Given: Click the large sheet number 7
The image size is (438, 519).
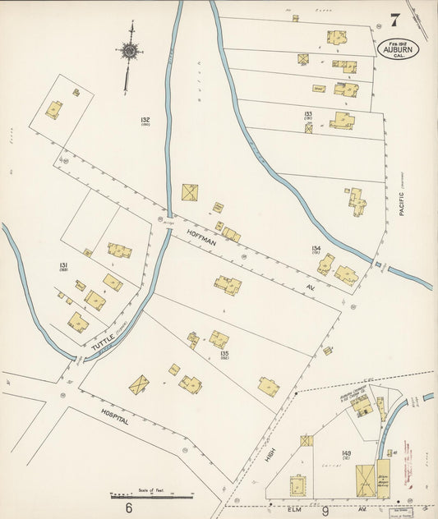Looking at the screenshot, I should (x=396, y=20).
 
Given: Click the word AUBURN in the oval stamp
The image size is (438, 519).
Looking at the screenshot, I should (x=399, y=47).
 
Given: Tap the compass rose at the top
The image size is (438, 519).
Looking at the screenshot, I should (x=129, y=50).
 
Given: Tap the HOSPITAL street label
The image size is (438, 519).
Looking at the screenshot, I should (x=115, y=416).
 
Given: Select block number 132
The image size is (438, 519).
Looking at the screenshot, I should (x=145, y=120).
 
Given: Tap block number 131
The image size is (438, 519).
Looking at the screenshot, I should (x=63, y=265).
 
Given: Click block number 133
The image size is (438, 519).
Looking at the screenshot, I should (x=308, y=114).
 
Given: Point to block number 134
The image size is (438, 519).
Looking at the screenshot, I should (x=315, y=247).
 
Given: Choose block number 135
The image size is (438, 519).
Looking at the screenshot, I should (x=224, y=354).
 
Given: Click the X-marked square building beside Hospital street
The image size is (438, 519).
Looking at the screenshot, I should (x=139, y=385).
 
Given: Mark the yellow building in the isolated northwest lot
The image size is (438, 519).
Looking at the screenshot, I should (x=53, y=109).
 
